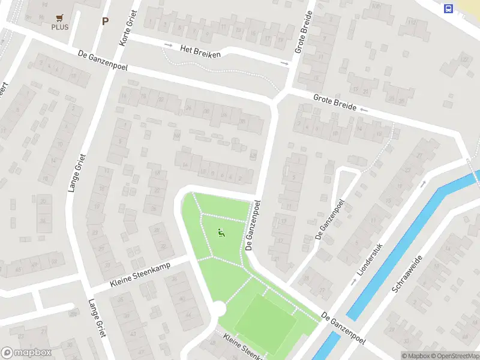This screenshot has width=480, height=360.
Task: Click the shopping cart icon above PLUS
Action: (59, 18)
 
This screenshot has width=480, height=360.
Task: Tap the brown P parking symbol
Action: (106, 21)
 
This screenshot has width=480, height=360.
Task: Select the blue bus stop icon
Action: (448, 8)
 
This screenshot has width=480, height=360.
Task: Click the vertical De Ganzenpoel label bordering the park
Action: (252, 225)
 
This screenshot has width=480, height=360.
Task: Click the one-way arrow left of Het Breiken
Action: (169, 46)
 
